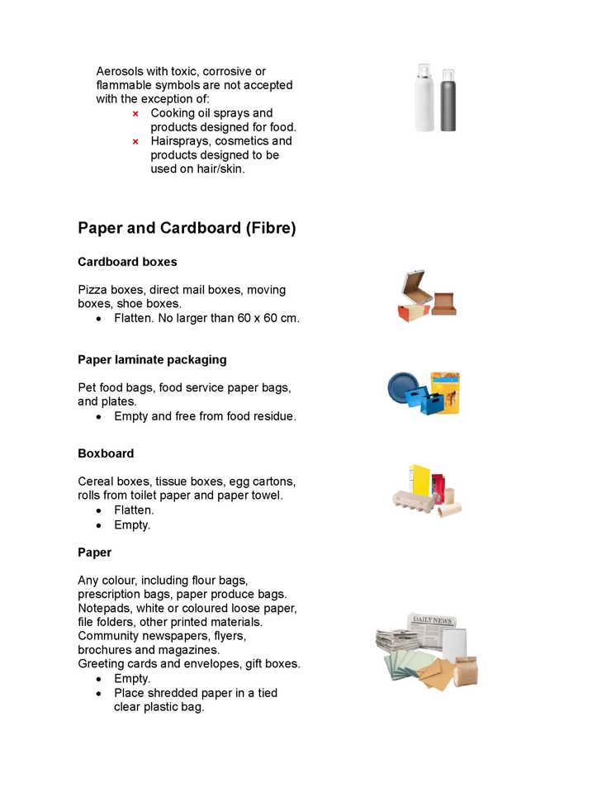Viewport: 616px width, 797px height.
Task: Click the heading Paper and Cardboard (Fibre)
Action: (x=187, y=228)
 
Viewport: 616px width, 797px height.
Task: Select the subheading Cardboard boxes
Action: (x=127, y=262)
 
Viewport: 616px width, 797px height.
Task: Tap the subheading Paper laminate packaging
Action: (x=152, y=360)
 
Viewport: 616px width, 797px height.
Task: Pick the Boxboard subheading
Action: (x=106, y=453)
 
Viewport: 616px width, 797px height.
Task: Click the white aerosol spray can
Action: (x=424, y=99)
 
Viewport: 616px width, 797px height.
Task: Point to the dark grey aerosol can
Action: (x=448, y=101)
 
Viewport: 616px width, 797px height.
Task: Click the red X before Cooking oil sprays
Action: (x=135, y=114)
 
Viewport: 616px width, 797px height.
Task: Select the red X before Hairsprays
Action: (x=135, y=141)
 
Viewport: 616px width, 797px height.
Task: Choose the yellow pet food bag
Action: (x=446, y=393)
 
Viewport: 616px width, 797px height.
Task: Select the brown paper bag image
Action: (x=465, y=670)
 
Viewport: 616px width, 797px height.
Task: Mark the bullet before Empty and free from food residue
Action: (x=99, y=417)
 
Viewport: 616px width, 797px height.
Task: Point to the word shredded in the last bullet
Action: (x=172, y=693)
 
